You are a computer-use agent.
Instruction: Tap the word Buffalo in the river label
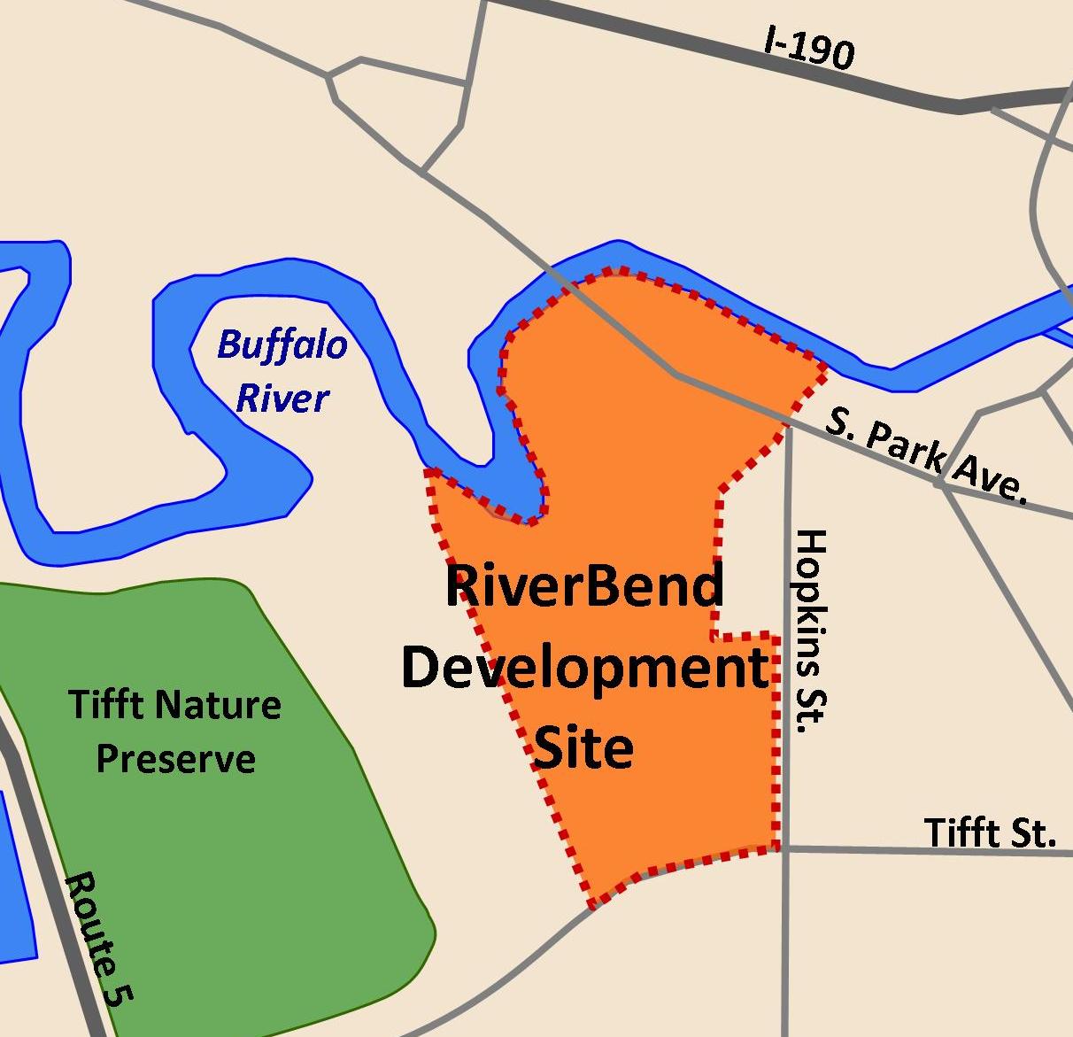coord(282,344)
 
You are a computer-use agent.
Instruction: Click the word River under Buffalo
coord(282,399)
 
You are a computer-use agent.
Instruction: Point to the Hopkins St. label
coord(810,631)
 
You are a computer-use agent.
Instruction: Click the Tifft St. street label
coord(990,832)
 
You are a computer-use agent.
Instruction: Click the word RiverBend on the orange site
coord(584,587)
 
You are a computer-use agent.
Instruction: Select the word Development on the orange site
coord(584,669)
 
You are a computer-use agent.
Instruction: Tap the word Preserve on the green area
coord(175,759)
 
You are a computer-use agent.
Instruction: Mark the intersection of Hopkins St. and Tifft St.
coord(785,848)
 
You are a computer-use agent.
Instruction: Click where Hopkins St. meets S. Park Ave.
coord(787,428)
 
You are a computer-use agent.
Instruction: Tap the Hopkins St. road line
coord(785,939)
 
